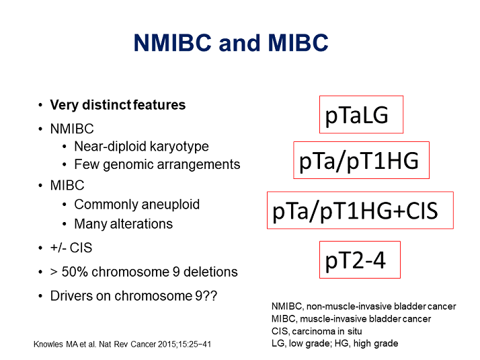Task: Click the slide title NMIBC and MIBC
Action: pos(231,43)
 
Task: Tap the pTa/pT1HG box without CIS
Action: pos(360,160)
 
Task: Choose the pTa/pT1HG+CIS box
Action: pos(360,211)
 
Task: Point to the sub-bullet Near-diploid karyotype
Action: pos(141,147)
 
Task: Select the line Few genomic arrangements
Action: pos(157,164)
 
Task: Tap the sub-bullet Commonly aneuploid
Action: pos(136,205)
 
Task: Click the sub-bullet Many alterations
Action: pos(123,224)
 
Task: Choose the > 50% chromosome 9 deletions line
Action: pos(144,272)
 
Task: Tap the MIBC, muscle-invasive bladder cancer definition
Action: pos(350,319)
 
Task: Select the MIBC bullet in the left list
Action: pos(67,185)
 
